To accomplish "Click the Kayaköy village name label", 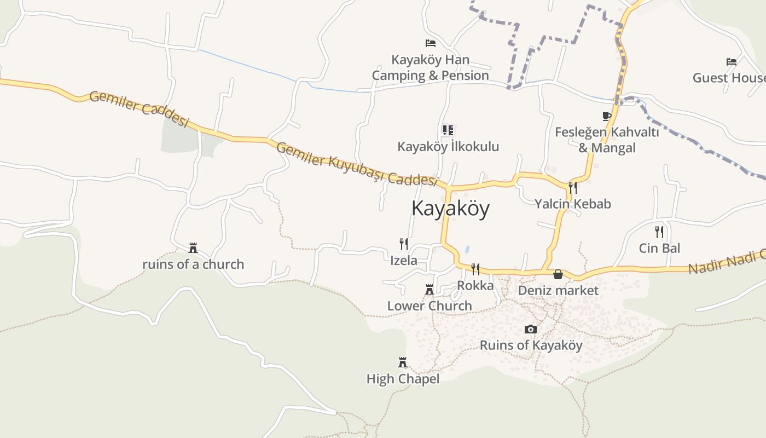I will coord(450,209).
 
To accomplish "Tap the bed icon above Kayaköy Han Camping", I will coord(431,43).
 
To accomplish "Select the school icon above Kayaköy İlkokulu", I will coord(448,130).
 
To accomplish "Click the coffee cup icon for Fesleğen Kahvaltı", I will coord(606,116).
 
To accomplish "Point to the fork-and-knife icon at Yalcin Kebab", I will coord(572,188).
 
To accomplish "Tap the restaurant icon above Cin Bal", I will coord(659,232).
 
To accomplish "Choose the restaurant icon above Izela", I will coord(404,244).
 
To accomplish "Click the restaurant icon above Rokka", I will coord(475,269).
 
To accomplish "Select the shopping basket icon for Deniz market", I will coord(558,274).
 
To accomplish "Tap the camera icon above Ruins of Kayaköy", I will coord(530,329).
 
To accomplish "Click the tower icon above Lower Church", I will coord(430,290).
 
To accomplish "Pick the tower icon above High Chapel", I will coord(403,362).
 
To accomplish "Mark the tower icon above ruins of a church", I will coord(193,248).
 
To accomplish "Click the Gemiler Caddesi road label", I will coord(139,108).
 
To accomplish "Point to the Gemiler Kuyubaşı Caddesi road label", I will coord(357,164).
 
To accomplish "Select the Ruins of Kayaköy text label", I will coord(531,345).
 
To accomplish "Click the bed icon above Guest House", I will coord(732,62).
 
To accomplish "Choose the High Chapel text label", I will coord(403,379).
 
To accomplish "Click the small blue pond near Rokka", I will coord(467,249).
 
